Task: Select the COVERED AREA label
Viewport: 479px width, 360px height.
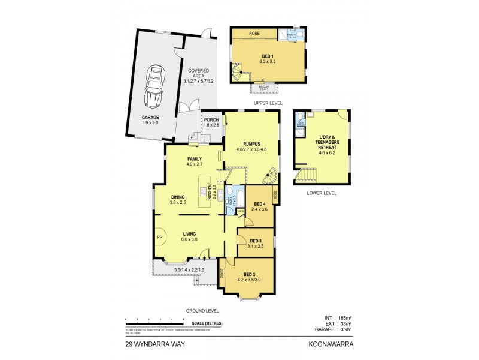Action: [198, 70]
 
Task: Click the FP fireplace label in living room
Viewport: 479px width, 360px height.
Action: [159, 238]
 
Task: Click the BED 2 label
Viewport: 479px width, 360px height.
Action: [250, 273]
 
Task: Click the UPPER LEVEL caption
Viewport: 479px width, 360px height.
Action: [268, 103]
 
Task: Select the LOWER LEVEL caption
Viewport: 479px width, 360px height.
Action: [322, 193]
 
